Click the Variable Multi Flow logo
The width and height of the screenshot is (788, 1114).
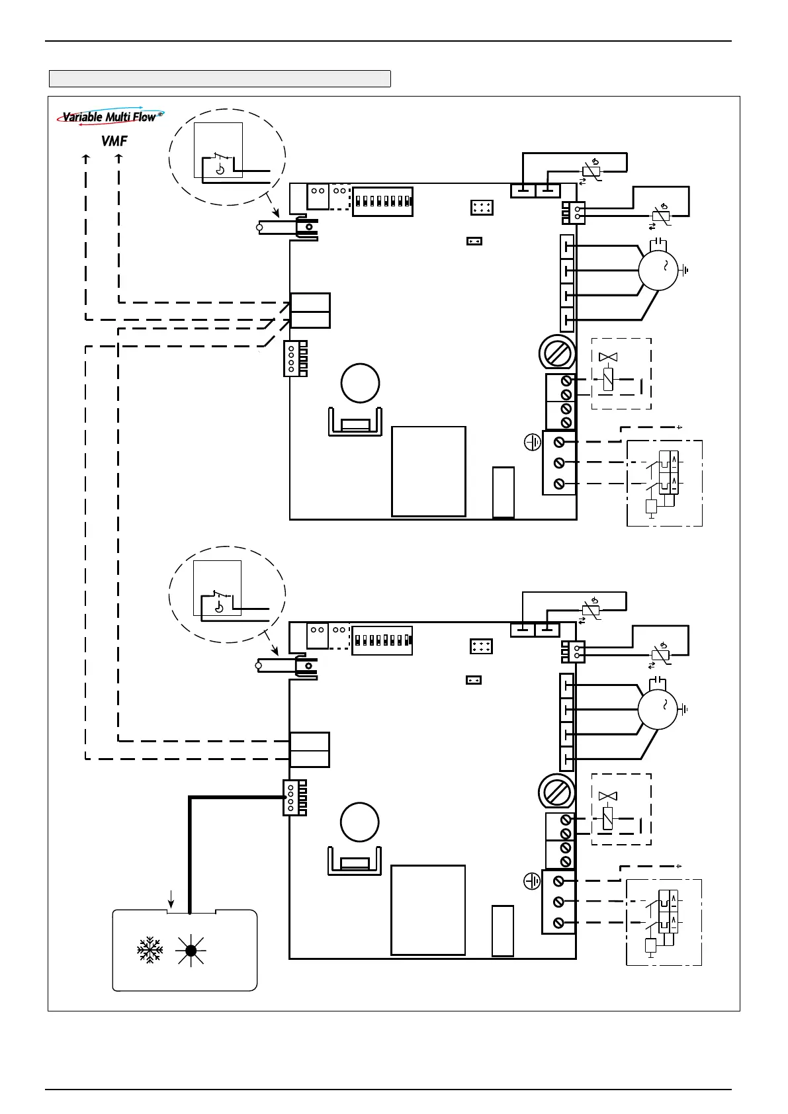tap(110, 116)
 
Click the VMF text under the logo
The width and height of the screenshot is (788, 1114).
tap(114, 142)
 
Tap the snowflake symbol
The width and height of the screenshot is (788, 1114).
tap(150, 950)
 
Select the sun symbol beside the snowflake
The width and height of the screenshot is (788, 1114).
tap(191, 951)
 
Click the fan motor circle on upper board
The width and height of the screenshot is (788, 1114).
tap(658, 270)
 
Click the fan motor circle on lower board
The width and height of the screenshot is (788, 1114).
tap(658, 709)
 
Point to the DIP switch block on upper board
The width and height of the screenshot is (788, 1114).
tap(382, 201)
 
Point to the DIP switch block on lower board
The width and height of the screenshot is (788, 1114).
tap(382, 640)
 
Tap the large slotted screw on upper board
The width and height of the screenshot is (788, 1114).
tap(557, 354)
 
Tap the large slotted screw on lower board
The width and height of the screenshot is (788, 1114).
tap(556, 793)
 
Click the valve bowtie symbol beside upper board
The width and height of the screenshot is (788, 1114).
tap(608, 357)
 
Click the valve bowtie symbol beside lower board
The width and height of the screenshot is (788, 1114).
tap(607, 796)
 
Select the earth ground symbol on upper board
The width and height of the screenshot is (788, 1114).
tap(533, 442)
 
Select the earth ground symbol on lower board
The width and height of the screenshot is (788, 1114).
tap(532, 881)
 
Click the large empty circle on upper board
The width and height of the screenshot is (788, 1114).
tap(360, 383)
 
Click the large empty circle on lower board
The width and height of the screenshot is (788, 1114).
tap(360, 822)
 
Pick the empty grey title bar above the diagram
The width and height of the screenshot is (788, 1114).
tap(220, 79)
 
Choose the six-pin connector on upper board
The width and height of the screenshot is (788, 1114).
tap(482, 207)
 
